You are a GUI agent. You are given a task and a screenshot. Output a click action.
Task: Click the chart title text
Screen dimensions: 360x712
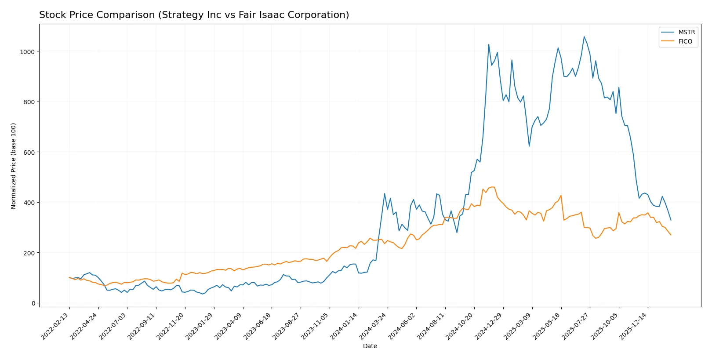(x=194, y=15)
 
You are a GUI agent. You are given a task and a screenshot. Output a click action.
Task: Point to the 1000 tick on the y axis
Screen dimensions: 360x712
(x=27, y=52)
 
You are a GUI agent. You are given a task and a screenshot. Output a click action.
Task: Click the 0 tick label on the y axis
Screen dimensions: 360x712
(x=33, y=303)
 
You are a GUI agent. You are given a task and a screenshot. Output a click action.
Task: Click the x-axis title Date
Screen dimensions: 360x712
(x=370, y=346)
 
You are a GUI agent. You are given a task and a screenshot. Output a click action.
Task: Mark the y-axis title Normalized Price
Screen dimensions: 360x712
(x=13, y=166)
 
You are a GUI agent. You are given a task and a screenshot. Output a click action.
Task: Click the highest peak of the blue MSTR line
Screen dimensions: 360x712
(x=584, y=36)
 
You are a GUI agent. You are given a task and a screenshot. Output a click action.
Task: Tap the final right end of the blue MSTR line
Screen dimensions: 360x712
(x=671, y=220)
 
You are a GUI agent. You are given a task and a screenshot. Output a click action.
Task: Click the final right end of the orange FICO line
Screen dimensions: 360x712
(x=671, y=235)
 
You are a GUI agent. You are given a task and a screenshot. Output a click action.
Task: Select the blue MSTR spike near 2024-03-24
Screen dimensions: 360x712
(x=385, y=193)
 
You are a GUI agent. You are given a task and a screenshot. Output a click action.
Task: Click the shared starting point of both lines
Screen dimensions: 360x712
(x=69, y=277)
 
